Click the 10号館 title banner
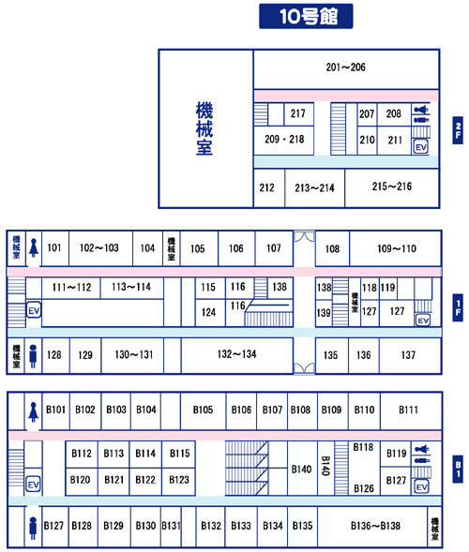[x=306, y=16]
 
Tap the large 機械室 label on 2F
[x=204, y=128]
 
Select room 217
[x=298, y=113]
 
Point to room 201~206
[x=346, y=69]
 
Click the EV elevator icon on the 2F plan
[x=421, y=147]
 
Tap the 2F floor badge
[x=458, y=130]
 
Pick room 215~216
[x=392, y=188]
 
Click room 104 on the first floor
[x=147, y=248]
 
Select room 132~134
[x=236, y=355]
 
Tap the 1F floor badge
[x=458, y=307]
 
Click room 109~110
[x=395, y=248]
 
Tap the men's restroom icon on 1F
[x=33, y=356]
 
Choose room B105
[x=203, y=410]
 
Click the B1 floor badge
[x=458, y=469]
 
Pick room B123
[x=178, y=481]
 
